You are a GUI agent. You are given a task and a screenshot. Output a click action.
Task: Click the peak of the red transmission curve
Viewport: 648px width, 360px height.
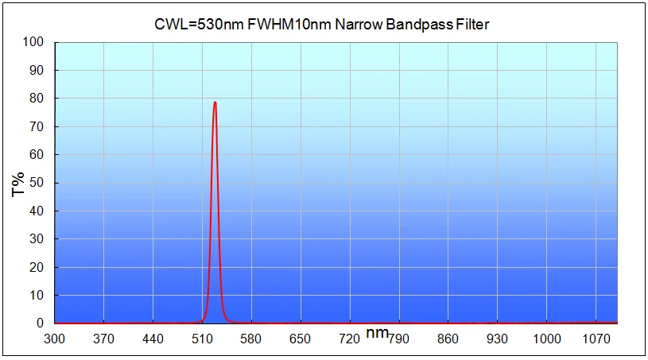pyautogui.click(x=215, y=102)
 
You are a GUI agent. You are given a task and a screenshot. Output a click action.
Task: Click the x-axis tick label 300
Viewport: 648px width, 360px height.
pyautogui.click(x=54, y=339)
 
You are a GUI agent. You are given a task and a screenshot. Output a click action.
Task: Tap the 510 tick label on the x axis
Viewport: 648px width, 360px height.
pyautogui.click(x=202, y=339)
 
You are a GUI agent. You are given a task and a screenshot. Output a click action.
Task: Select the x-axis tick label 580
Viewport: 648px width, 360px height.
pyautogui.click(x=251, y=339)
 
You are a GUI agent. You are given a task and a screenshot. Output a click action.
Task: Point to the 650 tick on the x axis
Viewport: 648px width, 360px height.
pyautogui.click(x=301, y=339)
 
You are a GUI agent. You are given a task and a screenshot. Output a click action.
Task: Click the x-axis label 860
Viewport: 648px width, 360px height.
pyautogui.click(x=448, y=339)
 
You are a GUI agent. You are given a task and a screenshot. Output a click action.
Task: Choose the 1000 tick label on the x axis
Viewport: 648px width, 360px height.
pyautogui.click(x=547, y=339)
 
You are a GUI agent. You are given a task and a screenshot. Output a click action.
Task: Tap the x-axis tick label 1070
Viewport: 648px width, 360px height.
pyautogui.click(x=596, y=339)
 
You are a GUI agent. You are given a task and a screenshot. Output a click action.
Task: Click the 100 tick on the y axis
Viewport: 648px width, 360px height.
pyautogui.click(x=33, y=42)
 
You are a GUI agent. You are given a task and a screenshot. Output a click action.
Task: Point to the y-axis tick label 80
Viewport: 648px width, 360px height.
pyautogui.click(x=37, y=99)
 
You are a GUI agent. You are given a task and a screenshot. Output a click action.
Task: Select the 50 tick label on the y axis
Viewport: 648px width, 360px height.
pyautogui.click(x=37, y=183)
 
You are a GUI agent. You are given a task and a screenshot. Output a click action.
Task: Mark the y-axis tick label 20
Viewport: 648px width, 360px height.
pyautogui.click(x=37, y=267)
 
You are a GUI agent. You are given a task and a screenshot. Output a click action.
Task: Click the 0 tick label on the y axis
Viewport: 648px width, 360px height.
pyautogui.click(x=40, y=323)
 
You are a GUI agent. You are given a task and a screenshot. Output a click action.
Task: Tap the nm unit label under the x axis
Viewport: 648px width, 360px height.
pyautogui.click(x=377, y=333)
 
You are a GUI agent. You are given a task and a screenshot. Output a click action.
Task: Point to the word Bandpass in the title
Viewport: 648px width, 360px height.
pyautogui.click(x=399, y=25)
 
